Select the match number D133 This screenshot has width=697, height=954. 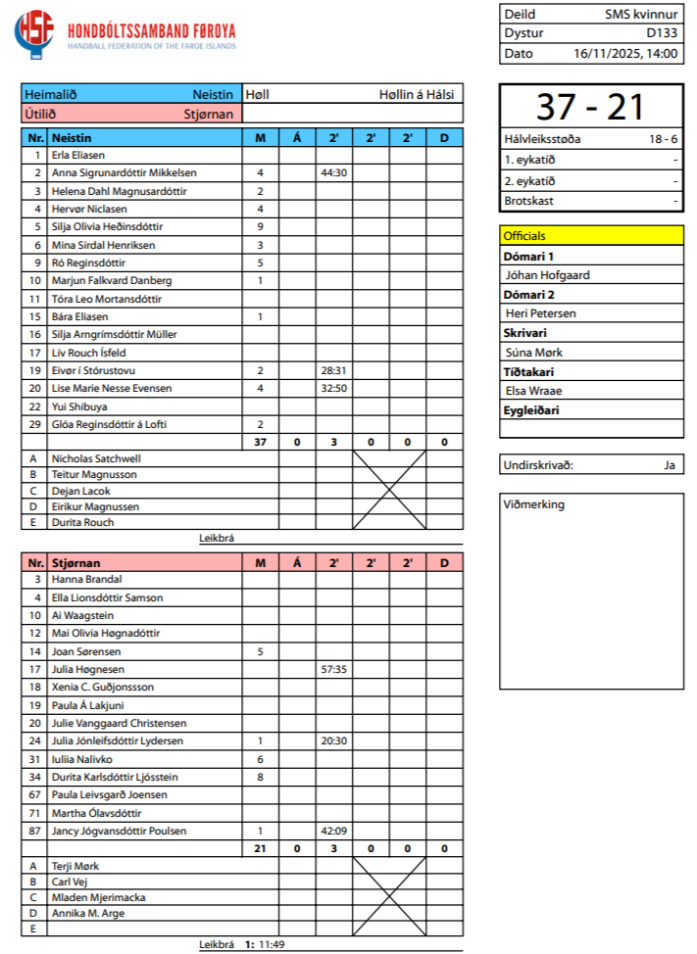[x=662, y=33]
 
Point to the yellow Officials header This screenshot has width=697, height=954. [x=591, y=236]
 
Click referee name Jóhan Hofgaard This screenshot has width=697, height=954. [x=547, y=275]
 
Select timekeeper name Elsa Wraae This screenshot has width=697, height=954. [x=533, y=390]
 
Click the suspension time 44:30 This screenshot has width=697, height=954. [x=334, y=172]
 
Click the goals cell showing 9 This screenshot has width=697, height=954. [x=261, y=226]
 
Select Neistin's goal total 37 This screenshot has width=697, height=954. [x=261, y=442]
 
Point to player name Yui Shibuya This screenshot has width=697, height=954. [x=79, y=406]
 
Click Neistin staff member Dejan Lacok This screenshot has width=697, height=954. [x=81, y=491]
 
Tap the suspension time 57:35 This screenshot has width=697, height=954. [x=334, y=669]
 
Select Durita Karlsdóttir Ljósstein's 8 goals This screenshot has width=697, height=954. [x=261, y=777]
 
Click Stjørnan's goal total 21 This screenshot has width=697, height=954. [x=261, y=848]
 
